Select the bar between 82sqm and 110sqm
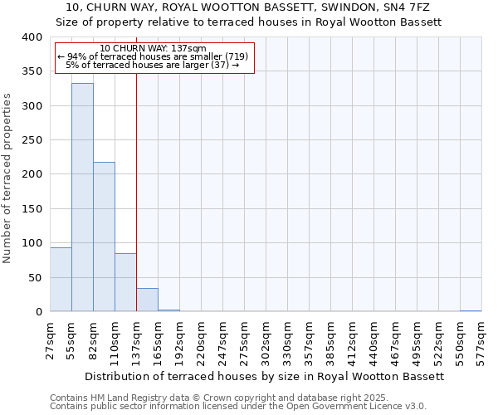point(104,237)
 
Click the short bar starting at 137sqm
point(147,300)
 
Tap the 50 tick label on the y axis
point(35,277)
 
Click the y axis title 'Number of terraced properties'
point(7,178)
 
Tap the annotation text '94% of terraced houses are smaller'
point(154,56)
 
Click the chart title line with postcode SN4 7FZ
point(249,7)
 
